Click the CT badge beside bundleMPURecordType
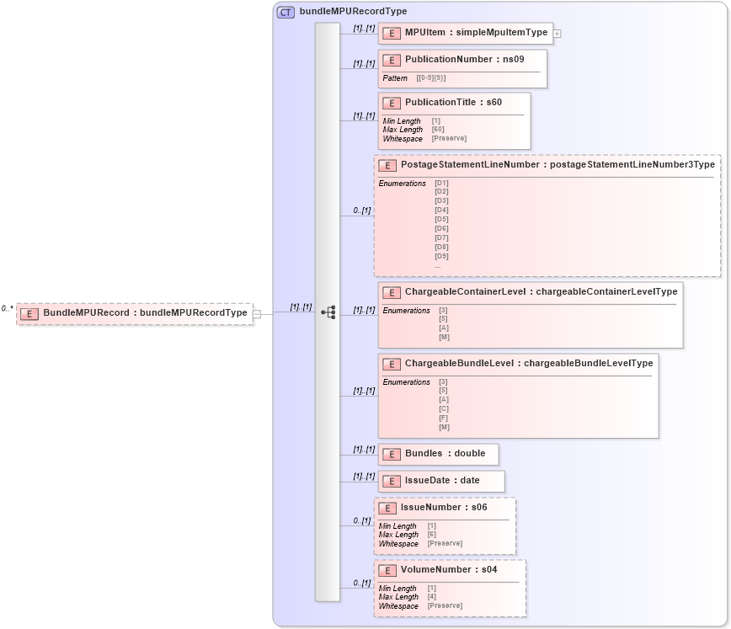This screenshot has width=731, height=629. pyautogui.click(x=285, y=12)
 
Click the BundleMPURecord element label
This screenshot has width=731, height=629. pyautogui.click(x=145, y=313)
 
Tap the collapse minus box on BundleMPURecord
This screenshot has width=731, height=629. pyautogui.click(x=257, y=314)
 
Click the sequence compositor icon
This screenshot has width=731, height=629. pyautogui.click(x=328, y=312)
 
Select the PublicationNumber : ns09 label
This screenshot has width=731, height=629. pyautogui.click(x=464, y=60)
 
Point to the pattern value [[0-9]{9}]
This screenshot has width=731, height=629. pyautogui.click(x=430, y=78)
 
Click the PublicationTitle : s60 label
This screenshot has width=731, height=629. pyautogui.click(x=453, y=103)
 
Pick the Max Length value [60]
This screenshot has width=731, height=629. pyautogui.click(x=438, y=130)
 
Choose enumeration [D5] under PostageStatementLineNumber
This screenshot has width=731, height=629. pyautogui.click(x=441, y=219)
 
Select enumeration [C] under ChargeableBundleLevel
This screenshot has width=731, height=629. pyautogui.click(x=444, y=409)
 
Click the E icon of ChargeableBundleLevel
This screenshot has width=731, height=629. pyautogui.click(x=391, y=364)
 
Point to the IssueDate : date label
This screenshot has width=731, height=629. pyautogui.click(x=442, y=481)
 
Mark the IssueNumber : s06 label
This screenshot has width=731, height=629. pyautogui.click(x=444, y=508)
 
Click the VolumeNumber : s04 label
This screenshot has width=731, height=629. pyautogui.click(x=449, y=570)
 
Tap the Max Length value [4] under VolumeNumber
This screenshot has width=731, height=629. pyautogui.click(x=432, y=597)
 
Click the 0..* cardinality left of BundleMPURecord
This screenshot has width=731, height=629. pyautogui.click(x=7, y=309)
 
